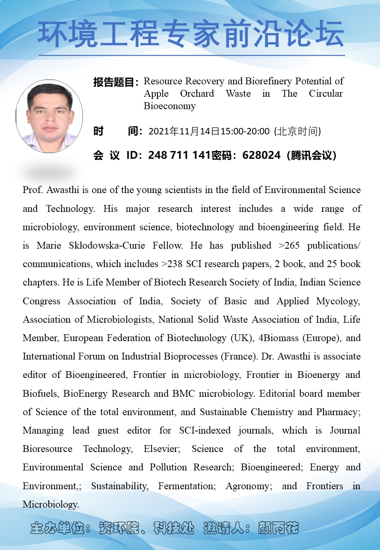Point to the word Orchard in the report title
click(197, 94)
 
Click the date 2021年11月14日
click(184, 131)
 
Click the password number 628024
click(261, 155)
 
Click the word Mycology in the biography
click(338, 301)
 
